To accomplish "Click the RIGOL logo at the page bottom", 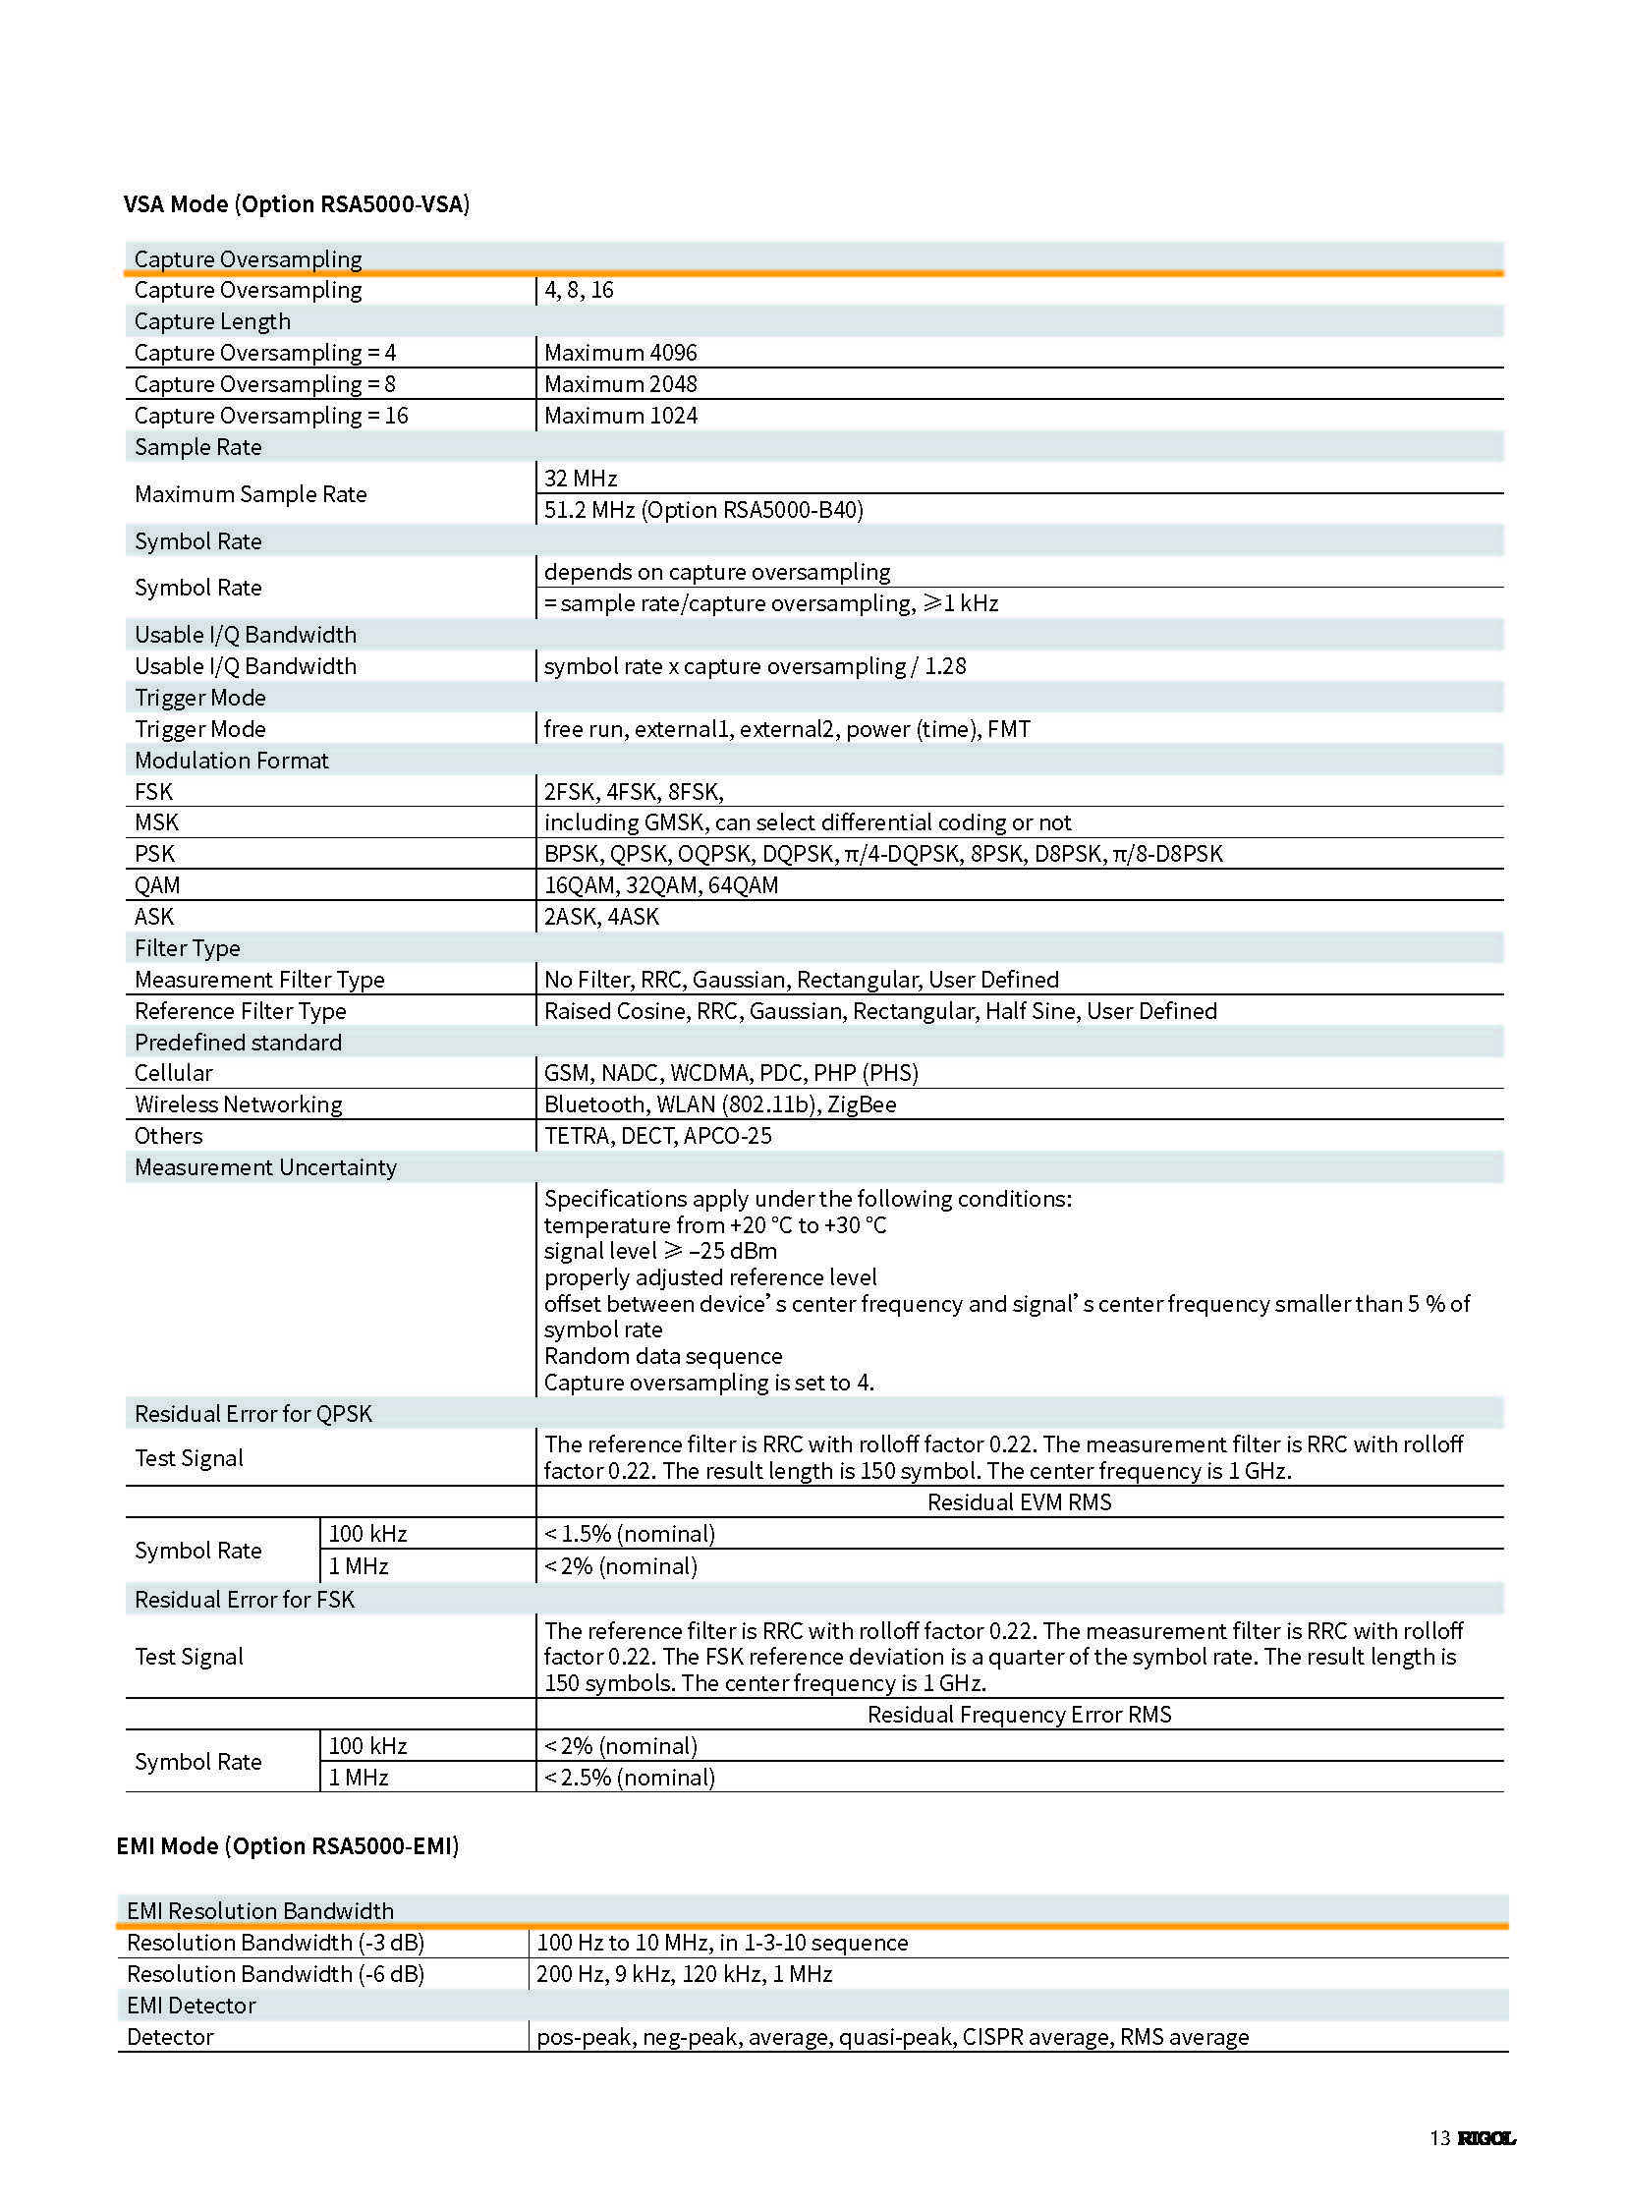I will [x=1485, y=2138].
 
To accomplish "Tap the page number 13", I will [x=1439, y=2138].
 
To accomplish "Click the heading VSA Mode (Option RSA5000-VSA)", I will [x=296, y=203].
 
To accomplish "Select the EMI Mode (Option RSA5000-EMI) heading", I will [x=287, y=1846].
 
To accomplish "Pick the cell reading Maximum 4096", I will [x=620, y=352].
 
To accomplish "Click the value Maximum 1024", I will [x=620, y=416].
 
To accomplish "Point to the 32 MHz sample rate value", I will [x=581, y=479].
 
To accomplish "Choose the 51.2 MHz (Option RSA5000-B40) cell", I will [x=703, y=510].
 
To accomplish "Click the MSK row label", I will [x=156, y=822].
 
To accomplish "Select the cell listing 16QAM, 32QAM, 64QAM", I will [x=661, y=885].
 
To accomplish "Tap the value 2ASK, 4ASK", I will [x=601, y=917].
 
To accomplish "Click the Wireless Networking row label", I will [x=238, y=1105].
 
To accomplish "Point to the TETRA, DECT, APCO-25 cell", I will [x=657, y=1137].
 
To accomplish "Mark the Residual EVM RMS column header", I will [x=1019, y=1502].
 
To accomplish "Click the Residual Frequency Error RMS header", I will [x=1019, y=1715].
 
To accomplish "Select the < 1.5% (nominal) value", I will [x=630, y=1534].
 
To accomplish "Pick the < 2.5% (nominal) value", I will [x=630, y=1777].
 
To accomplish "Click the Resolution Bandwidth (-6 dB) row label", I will [x=275, y=1974].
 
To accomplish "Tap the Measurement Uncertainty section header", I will [x=265, y=1168].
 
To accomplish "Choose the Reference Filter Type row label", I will [x=240, y=1011].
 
